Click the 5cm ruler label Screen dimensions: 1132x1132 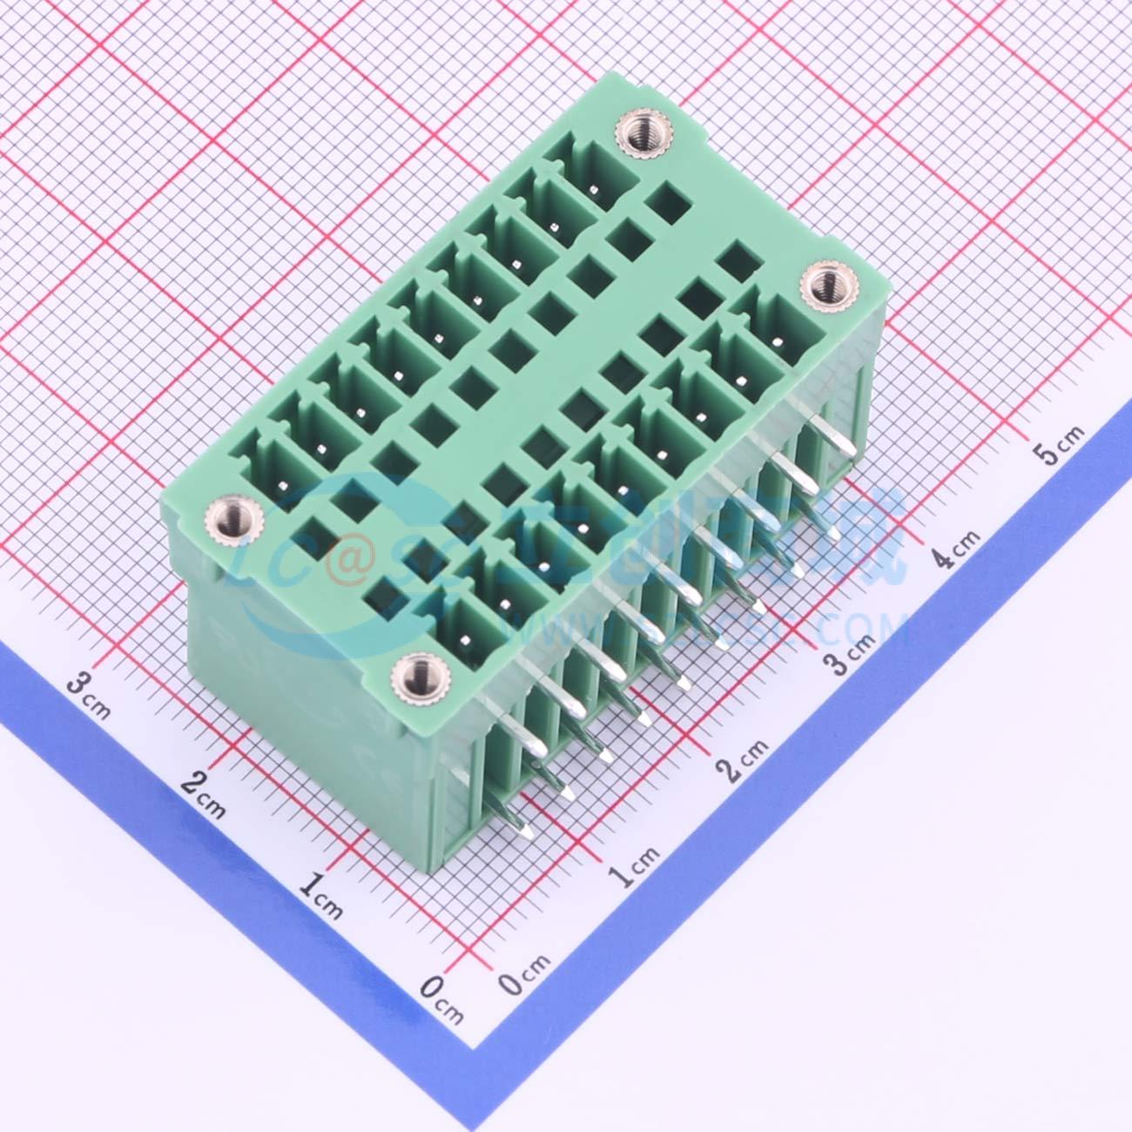(1057, 445)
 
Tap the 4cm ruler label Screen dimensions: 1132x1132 (954, 549)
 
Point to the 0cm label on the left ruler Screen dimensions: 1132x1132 (442, 995)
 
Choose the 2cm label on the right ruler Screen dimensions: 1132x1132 (741, 759)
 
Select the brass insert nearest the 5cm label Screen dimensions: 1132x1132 (822, 286)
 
